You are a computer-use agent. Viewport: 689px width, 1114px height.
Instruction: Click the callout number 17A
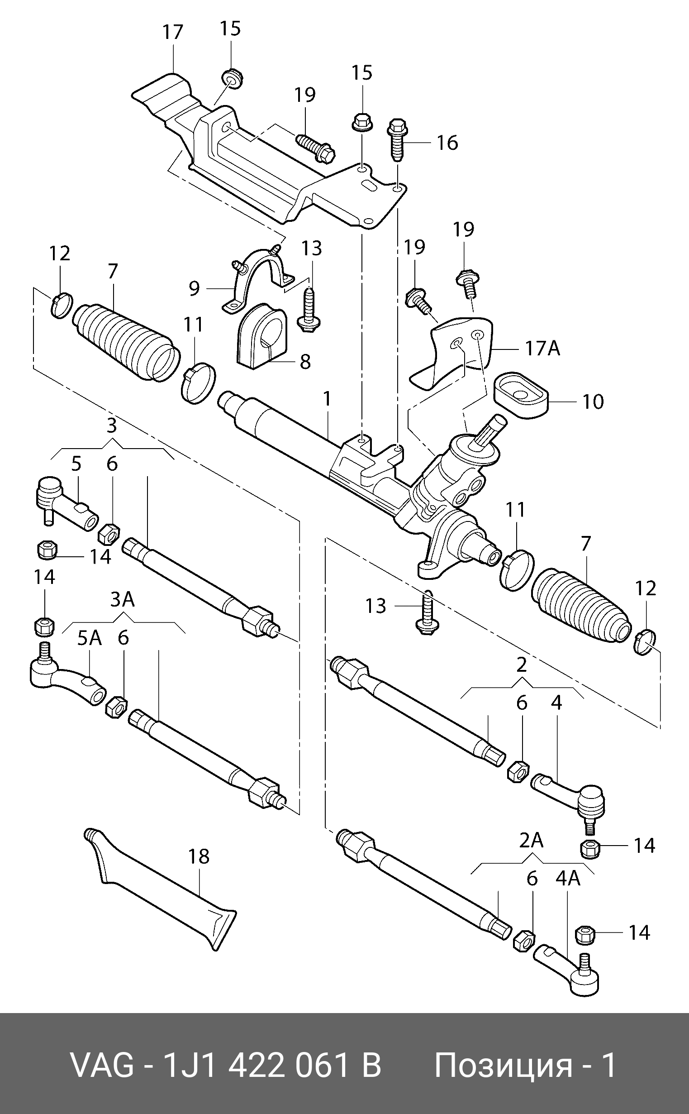click(542, 349)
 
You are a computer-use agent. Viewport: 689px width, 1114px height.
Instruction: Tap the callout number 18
click(199, 856)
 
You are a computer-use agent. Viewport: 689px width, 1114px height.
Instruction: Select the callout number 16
click(447, 143)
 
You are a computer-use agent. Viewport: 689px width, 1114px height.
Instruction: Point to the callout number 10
click(593, 402)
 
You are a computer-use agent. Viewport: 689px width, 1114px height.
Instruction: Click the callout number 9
click(195, 288)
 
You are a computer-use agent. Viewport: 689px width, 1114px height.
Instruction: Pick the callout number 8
click(305, 362)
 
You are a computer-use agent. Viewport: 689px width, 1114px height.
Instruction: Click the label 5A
click(89, 639)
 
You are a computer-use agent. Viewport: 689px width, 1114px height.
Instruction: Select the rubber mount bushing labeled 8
click(261, 335)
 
